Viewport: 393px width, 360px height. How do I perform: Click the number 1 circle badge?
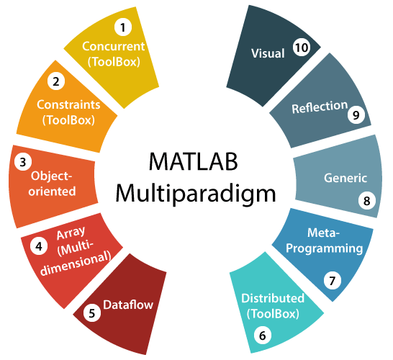123,27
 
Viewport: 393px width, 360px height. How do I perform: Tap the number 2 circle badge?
56,81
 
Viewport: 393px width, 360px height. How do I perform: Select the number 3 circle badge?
23,162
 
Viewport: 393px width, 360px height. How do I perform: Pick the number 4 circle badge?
39,246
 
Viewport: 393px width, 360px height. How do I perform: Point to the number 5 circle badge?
92,313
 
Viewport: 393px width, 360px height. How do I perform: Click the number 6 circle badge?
263,336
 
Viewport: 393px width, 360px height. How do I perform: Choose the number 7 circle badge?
333,281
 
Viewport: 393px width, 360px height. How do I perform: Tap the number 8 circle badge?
367,201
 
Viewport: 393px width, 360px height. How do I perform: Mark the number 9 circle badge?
356,114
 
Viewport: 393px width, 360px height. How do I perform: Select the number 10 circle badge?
302,47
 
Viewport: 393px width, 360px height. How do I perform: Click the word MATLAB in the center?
193,162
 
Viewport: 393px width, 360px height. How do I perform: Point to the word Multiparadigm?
196,193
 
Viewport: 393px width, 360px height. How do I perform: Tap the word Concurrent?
113,46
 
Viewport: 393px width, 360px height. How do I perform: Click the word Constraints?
68,104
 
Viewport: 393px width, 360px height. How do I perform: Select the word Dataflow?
128,305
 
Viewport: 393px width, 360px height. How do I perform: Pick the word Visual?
268,53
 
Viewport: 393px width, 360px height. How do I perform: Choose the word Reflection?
320,107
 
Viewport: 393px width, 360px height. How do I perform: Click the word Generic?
345,178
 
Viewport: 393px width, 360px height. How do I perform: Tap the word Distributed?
273,298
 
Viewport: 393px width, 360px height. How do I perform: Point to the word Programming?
325,248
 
